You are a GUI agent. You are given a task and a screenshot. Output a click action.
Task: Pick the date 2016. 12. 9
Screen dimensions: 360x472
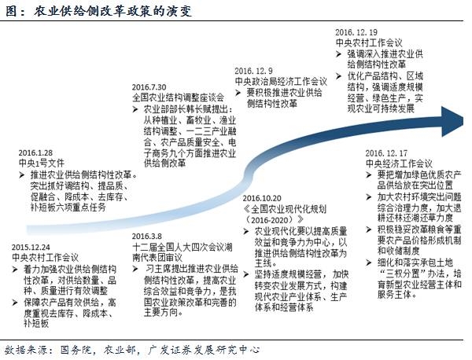255,70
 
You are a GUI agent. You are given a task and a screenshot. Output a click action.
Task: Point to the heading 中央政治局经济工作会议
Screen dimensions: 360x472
280,81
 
